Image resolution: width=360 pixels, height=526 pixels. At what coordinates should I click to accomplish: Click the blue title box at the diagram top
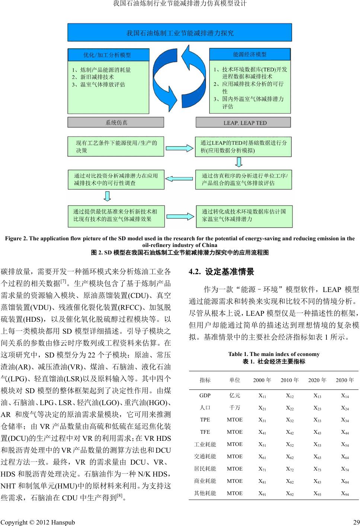coord(180,33)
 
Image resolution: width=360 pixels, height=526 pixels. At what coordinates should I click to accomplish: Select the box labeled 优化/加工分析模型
coord(108,55)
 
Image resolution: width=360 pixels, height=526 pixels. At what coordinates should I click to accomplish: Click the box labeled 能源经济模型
coord(250,54)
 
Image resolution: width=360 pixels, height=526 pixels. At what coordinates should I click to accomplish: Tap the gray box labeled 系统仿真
coord(116,122)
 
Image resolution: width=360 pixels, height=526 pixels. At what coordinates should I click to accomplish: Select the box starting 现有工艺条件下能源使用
coord(116,147)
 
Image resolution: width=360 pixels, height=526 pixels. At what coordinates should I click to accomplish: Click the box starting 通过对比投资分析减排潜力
coord(116,180)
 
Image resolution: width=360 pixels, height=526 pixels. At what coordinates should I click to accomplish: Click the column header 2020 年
coord(317,380)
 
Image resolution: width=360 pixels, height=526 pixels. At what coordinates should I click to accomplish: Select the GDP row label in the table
coord(205,395)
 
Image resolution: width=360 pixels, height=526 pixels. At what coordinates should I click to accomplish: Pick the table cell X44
coord(345,432)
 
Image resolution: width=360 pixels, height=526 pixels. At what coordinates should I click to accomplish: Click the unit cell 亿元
coord(235,395)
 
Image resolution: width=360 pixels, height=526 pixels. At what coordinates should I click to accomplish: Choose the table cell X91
coord(262,494)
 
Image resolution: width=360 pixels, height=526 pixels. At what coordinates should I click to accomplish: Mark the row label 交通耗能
coord(205,457)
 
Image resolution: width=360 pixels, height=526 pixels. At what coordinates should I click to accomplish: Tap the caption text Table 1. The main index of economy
coord(274,354)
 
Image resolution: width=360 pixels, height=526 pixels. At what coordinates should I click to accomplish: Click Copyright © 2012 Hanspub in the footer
coord(38,522)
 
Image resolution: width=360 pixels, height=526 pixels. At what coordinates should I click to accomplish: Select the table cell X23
coord(317,408)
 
